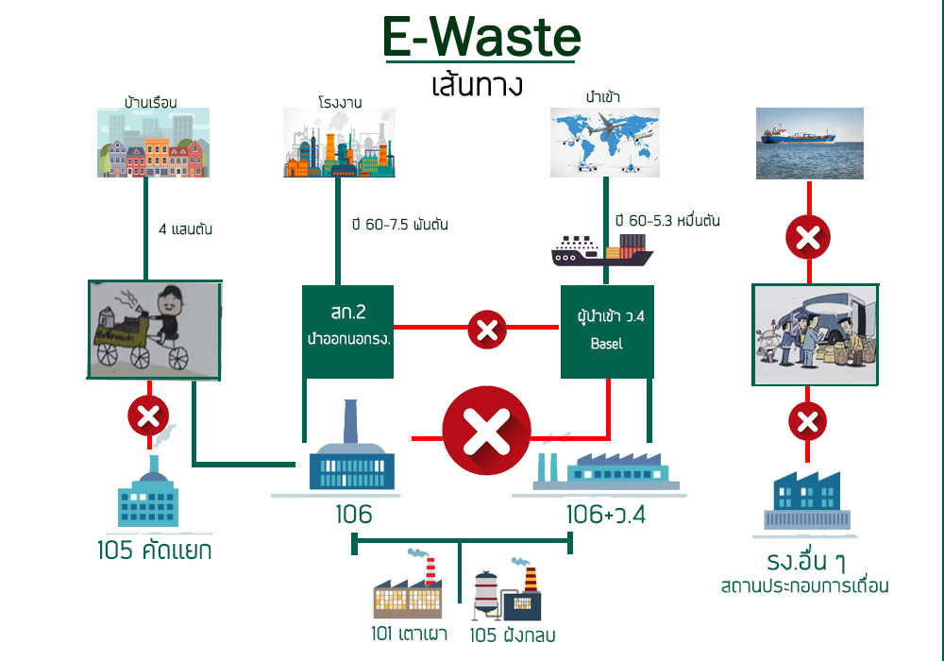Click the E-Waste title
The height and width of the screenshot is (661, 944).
(x=481, y=38)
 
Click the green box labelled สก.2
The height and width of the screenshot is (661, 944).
(x=346, y=330)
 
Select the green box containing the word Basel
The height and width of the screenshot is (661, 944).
(x=606, y=330)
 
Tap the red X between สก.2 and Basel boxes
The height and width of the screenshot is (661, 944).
(x=487, y=330)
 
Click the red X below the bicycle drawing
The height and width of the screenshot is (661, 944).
(x=149, y=415)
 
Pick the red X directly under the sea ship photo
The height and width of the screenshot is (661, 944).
(x=808, y=238)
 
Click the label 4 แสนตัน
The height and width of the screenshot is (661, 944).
(x=194, y=228)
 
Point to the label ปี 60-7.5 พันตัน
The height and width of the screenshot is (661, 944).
(x=399, y=225)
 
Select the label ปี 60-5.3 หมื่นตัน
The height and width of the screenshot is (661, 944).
(x=667, y=221)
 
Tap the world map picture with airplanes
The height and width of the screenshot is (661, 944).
(x=605, y=142)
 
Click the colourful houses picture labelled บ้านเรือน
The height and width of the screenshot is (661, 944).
(x=153, y=143)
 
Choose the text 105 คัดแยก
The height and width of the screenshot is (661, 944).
(x=155, y=551)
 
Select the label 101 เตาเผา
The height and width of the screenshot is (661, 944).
(x=410, y=634)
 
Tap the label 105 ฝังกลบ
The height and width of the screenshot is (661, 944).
(x=513, y=636)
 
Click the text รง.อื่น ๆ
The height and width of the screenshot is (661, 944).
(x=805, y=563)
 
